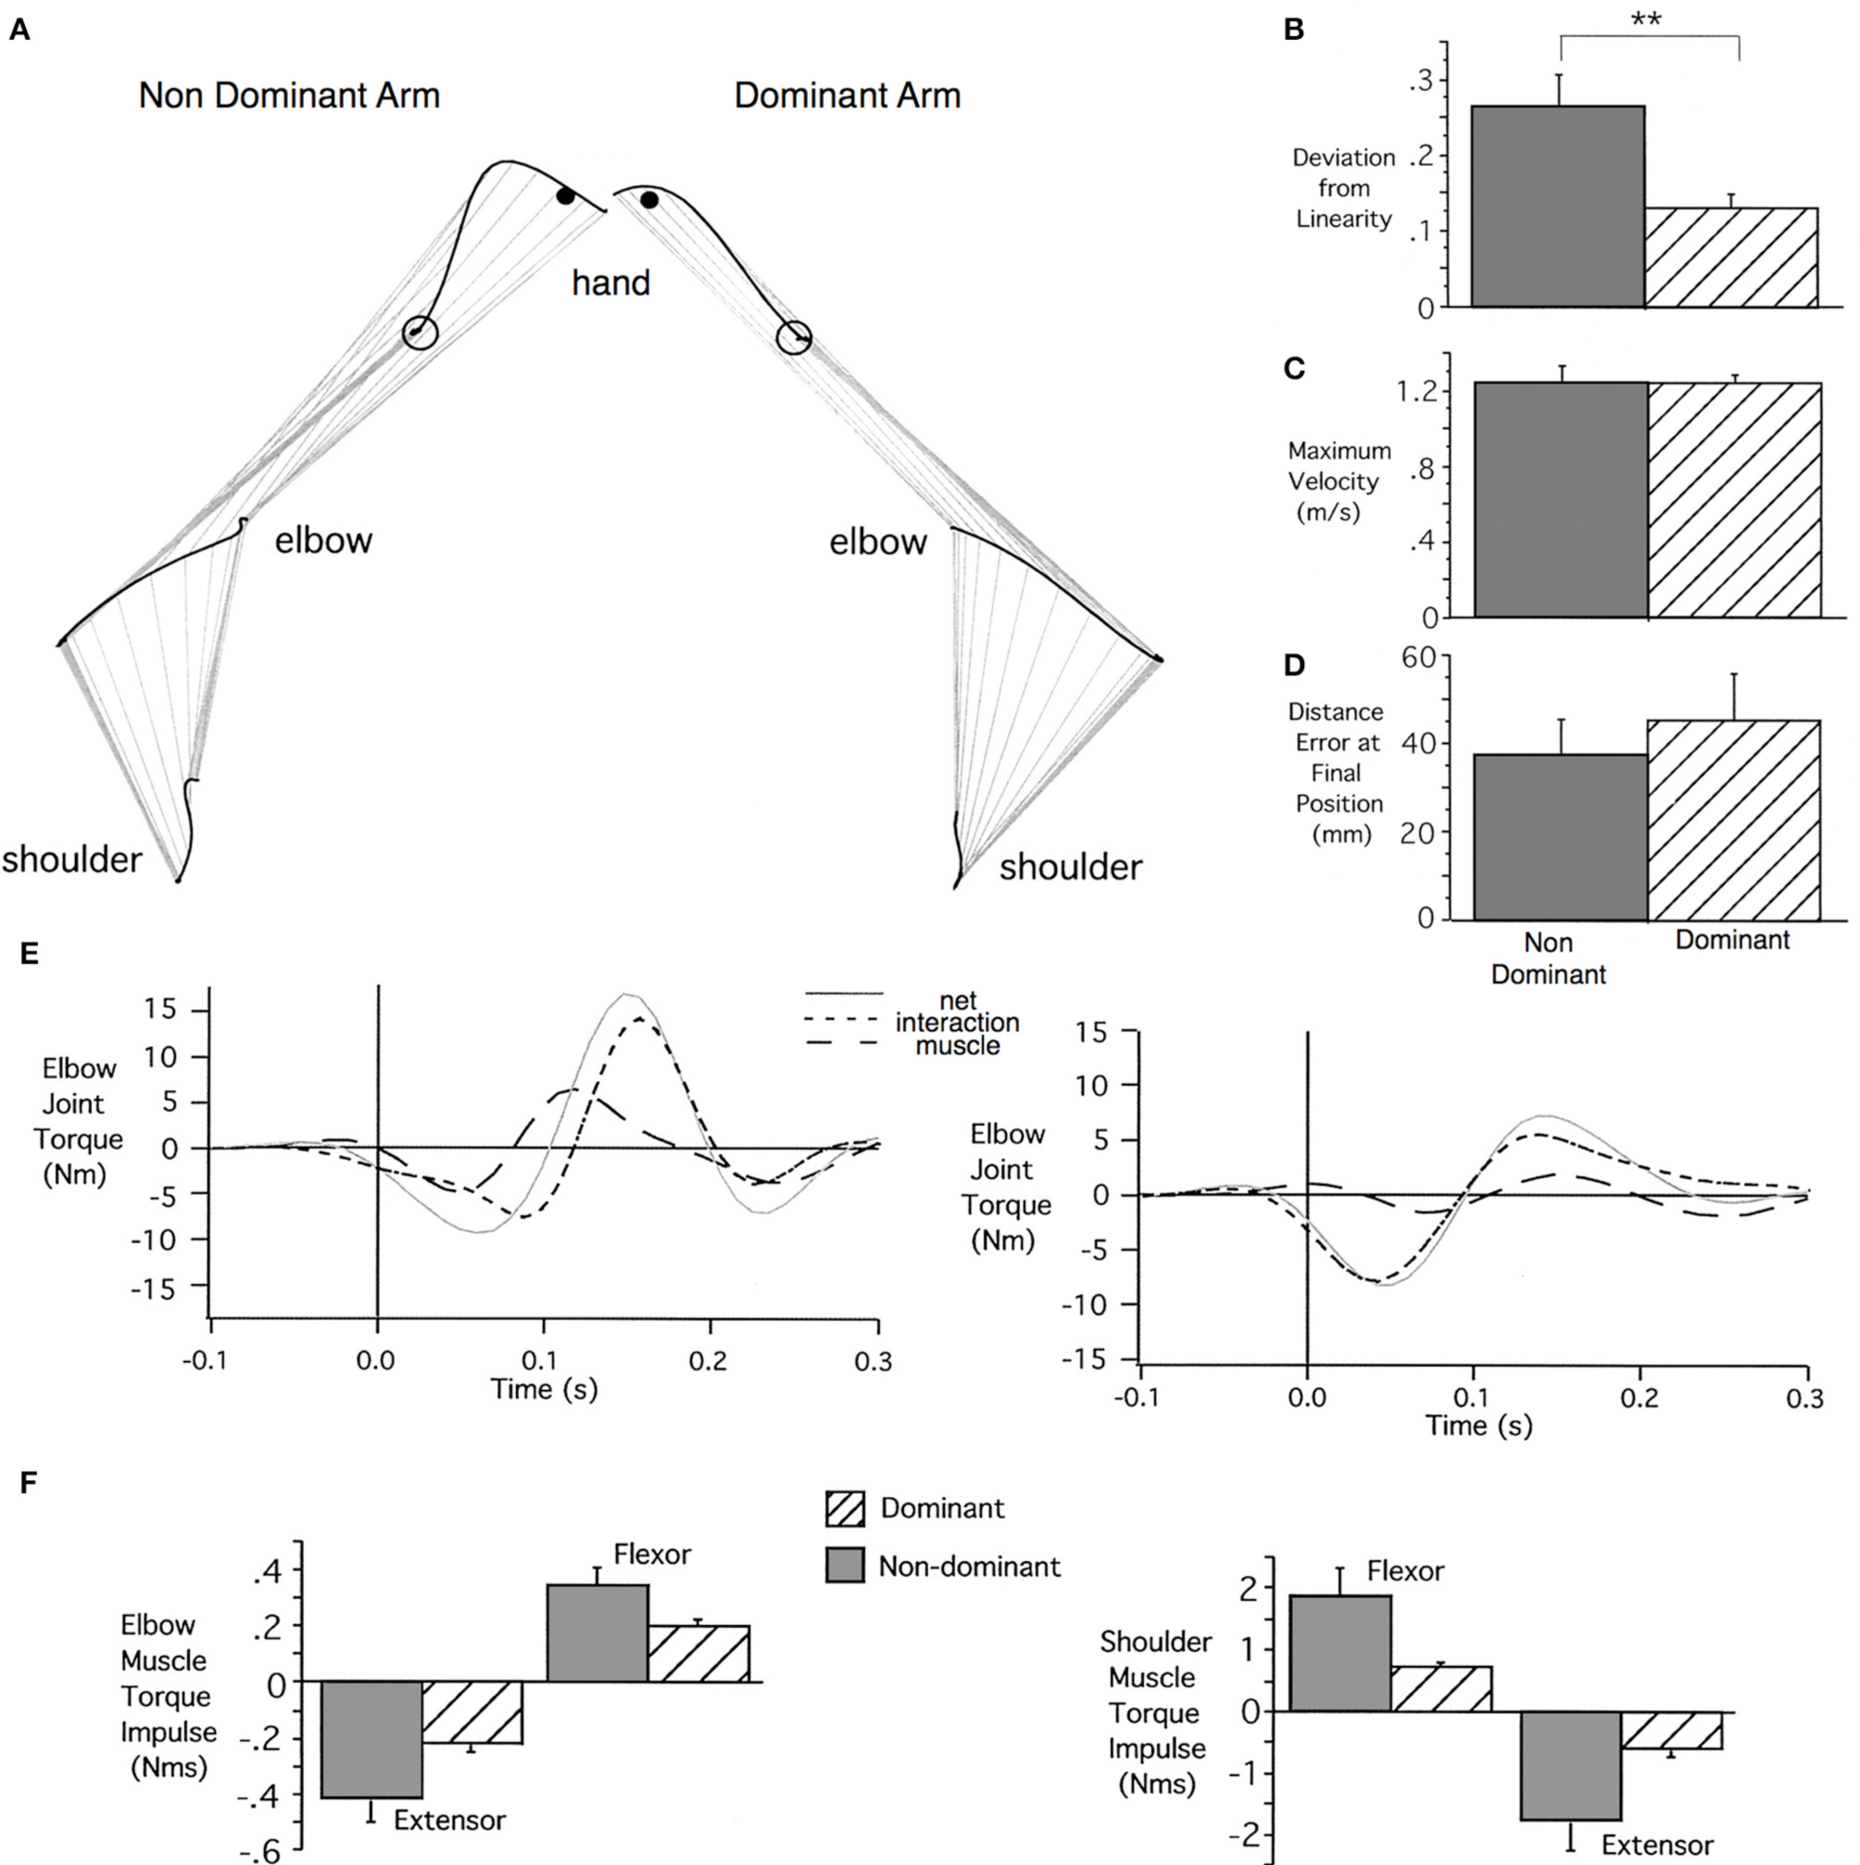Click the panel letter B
(1293, 30)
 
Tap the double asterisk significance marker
(1647, 20)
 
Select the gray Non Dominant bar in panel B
(1557, 207)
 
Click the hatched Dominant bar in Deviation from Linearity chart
(1730, 258)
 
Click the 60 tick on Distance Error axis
(1418, 658)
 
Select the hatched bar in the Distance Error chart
(1733, 820)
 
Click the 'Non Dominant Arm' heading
(289, 95)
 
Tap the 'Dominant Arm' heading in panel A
(847, 95)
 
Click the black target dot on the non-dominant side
(566, 196)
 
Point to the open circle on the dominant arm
(794, 338)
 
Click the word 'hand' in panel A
(611, 283)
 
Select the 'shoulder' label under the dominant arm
(1070, 867)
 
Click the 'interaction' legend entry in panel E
(957, 1022)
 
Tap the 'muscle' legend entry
(957, 1045)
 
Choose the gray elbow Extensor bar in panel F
(371, 1740)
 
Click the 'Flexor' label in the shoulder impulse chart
(1404, 1570)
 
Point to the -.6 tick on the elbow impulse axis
(265, 1851)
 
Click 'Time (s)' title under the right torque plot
(1478, 1425)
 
